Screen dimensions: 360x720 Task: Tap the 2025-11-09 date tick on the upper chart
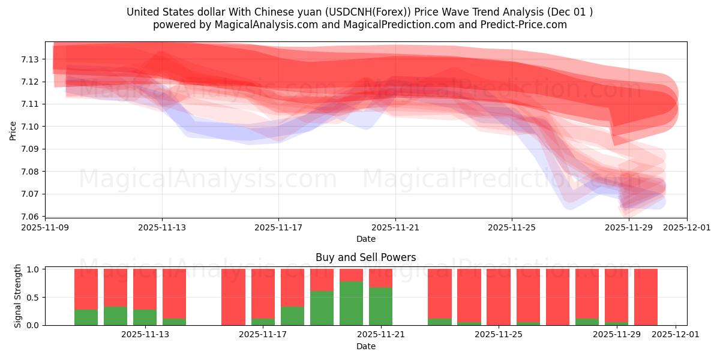[x=45, y=228]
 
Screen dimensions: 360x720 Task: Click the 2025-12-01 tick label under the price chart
[x=686, y=228]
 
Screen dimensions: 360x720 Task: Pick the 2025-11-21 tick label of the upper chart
[x=395, y=228]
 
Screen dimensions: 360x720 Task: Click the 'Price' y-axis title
[x=13, y=130]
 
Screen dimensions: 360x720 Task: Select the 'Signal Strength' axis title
[x=18, y=296]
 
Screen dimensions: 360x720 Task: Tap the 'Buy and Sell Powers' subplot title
[x=365, y=257]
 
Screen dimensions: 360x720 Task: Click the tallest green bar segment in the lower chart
[x=351, y=303]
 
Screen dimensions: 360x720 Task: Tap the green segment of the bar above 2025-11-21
[x=380, y=306]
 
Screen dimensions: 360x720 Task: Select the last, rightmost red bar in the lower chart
[x=646, y=297]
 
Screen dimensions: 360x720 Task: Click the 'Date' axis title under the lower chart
[x=365, y=346]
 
